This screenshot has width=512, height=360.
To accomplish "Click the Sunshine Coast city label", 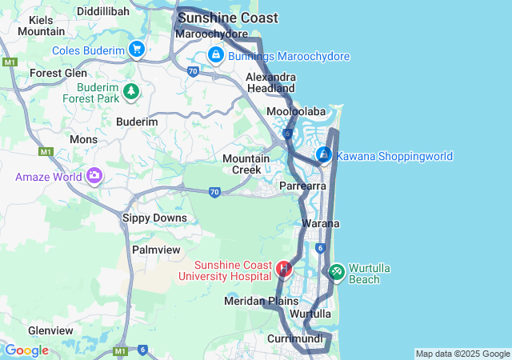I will click(x=228, y=18).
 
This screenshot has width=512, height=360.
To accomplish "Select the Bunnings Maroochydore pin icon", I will click(x=215, y=55).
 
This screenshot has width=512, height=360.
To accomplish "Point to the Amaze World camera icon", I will click(x=94, y=175).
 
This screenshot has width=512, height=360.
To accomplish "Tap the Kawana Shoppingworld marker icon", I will click(x=324, y=154).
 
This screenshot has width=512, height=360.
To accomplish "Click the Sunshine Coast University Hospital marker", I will click(x=283, y=269).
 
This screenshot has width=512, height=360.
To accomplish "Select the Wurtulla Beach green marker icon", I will click(x=336, y=273).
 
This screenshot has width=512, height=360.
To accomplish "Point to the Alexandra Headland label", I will click(x=270, y=82).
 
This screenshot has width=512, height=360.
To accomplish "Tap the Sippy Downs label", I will click(x=154, y=218).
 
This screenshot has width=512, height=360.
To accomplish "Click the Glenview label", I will click(x=51, y=330).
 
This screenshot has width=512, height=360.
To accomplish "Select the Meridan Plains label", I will click(x=261, y=301).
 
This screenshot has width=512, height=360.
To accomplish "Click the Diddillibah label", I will click(x=109, y=12).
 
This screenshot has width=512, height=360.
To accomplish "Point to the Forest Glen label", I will click(x=58, y=73).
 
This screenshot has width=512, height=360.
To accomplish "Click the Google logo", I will click(x=26, y=350).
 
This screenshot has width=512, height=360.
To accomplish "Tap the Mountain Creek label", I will click(x=246, y=164).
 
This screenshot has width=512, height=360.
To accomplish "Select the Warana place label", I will click(x=321, y=223).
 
